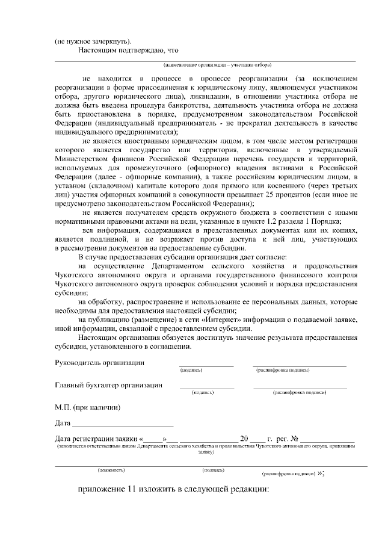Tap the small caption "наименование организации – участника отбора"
point(217,64)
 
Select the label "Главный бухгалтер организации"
point(108,386)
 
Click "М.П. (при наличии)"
point(87,407)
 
